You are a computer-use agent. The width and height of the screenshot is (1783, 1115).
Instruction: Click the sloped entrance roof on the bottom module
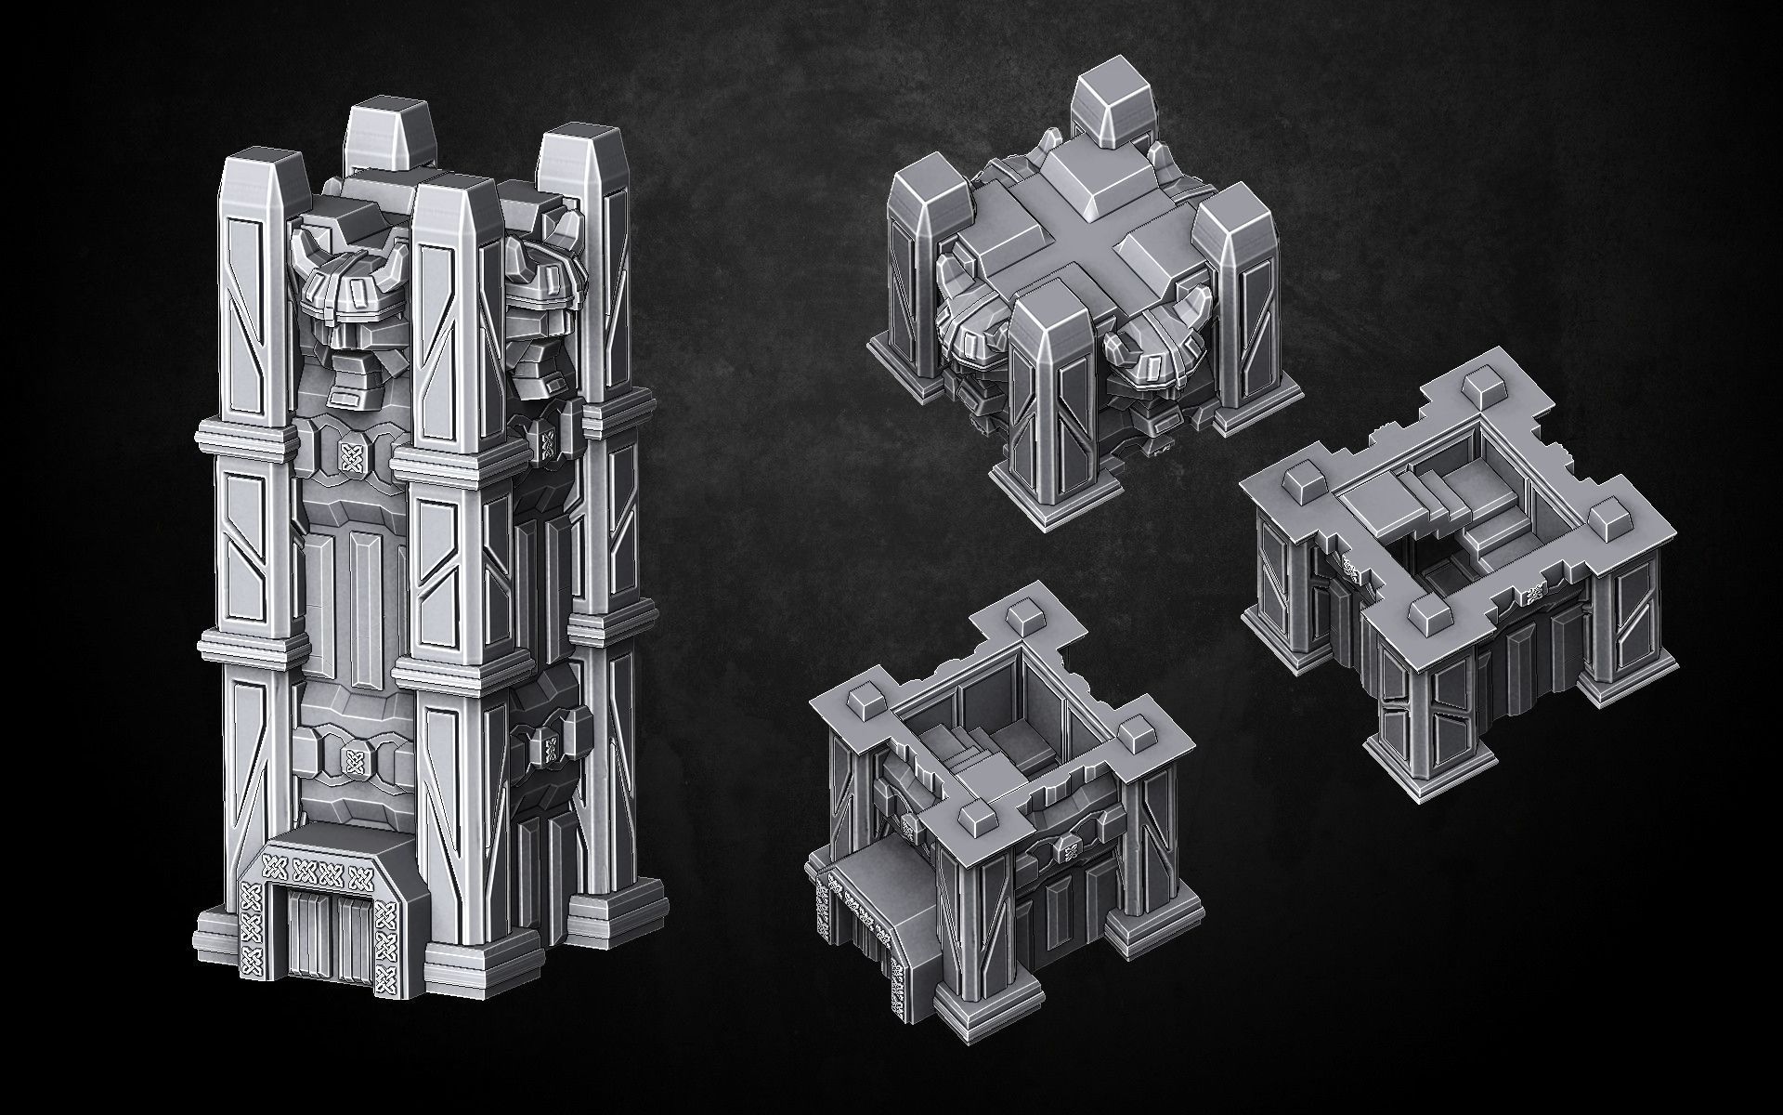tap(868, 892)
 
